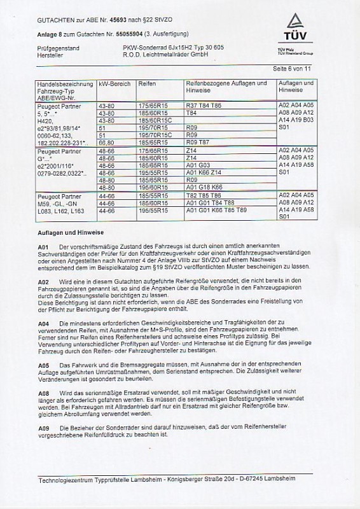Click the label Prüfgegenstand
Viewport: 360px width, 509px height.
coord(56,48)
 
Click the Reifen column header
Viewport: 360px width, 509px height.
coord(147,84)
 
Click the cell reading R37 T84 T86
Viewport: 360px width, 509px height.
coord(203,104)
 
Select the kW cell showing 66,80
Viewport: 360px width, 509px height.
coord(106,143)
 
